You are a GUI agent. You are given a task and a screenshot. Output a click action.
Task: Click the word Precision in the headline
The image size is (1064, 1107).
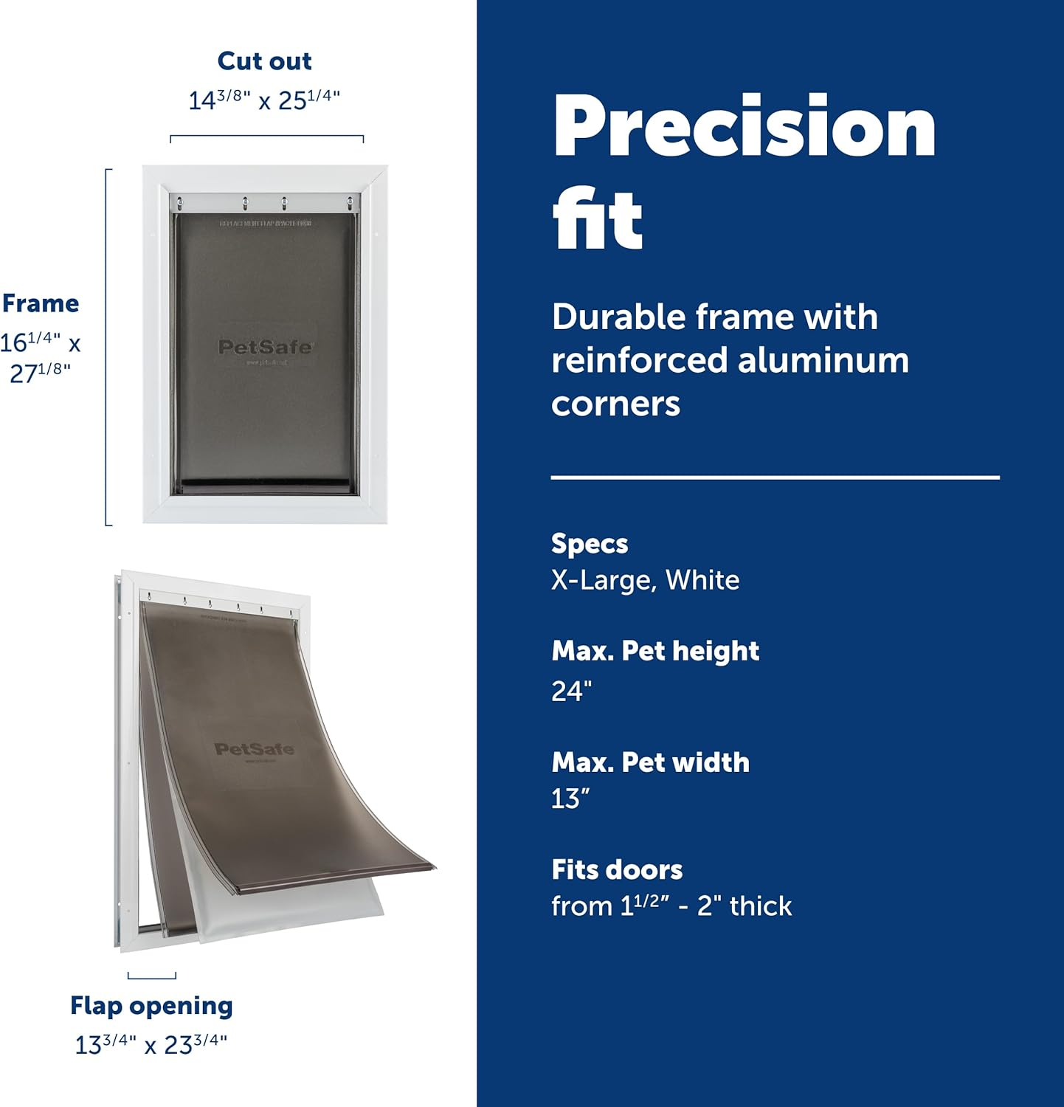pos(744,127)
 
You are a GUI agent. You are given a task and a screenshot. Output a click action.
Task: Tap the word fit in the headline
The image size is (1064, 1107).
pos(598,219)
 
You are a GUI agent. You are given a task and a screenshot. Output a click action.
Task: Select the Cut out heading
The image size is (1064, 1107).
pos(264,61)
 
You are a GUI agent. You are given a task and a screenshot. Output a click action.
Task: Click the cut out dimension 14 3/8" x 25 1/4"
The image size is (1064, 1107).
pos(264,99)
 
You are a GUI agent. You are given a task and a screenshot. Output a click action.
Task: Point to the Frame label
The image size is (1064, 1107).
pos(41,303)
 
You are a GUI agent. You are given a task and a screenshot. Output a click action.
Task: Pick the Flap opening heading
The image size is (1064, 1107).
pos(151,1006)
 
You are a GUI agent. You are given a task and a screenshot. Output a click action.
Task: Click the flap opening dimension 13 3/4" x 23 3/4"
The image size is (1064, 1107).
pos(151,1044)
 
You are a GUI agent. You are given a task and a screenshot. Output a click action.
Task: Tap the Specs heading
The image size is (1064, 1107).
pos(590,544)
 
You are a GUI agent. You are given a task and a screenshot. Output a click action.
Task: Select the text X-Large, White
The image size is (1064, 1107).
pos(645,580)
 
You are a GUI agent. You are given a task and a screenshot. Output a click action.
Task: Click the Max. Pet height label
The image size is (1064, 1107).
pos(655,651)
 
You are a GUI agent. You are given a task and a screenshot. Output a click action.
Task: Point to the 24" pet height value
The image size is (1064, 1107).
pos(571,691)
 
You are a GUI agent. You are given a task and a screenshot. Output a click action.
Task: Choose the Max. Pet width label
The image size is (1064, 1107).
pos(650,762)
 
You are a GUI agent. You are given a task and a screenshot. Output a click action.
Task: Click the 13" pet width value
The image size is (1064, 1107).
pos(570,799)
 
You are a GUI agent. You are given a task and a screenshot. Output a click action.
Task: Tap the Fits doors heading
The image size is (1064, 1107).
pos(617,869)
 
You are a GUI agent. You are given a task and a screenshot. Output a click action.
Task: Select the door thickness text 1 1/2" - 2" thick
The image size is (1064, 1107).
pos(671,906)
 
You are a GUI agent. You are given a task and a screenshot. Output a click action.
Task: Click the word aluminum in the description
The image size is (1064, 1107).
pos(823,360)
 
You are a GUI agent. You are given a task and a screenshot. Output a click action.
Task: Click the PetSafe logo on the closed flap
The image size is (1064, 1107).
pos(266,347)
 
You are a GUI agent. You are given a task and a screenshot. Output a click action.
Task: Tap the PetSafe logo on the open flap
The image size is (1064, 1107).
pos(254,749)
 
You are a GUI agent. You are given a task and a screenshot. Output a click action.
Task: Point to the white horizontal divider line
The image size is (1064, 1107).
pos(775,478)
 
